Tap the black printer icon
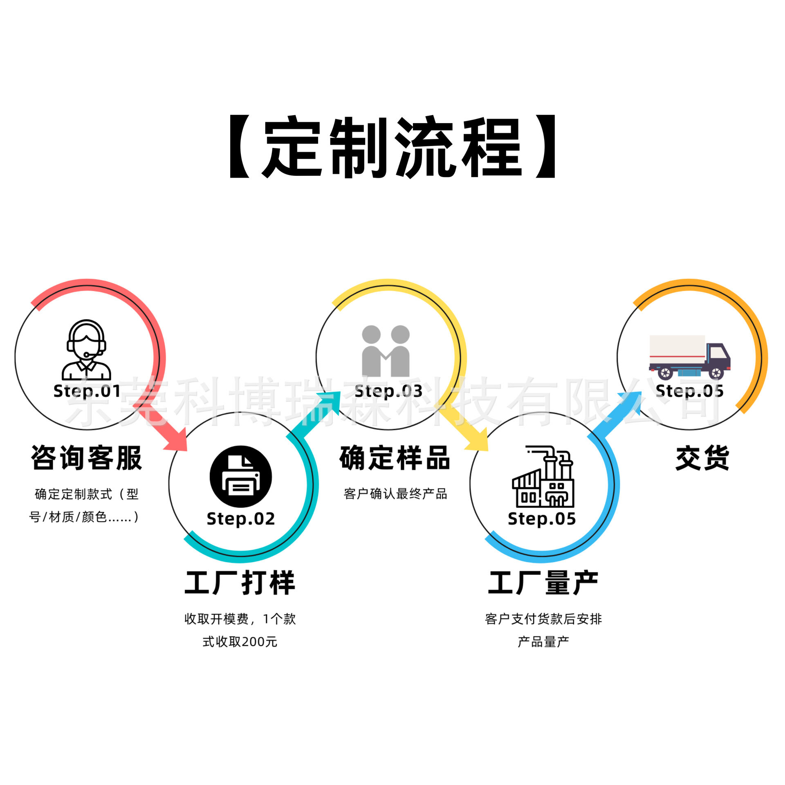[240, 476]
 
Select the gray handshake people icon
[386, 351]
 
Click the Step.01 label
[87, 391]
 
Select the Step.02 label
[240, 519]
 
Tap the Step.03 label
[388, 391]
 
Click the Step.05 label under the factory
[542, 519]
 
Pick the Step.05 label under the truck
[689, 391]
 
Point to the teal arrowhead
[330, 403]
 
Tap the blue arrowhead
[630, 403]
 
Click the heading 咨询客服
[86, 458]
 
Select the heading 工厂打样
[240, 583]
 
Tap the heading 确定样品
[395, 458]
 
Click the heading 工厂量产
[543, 583]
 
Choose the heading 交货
[702, 458]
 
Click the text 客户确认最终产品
[395, 494]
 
